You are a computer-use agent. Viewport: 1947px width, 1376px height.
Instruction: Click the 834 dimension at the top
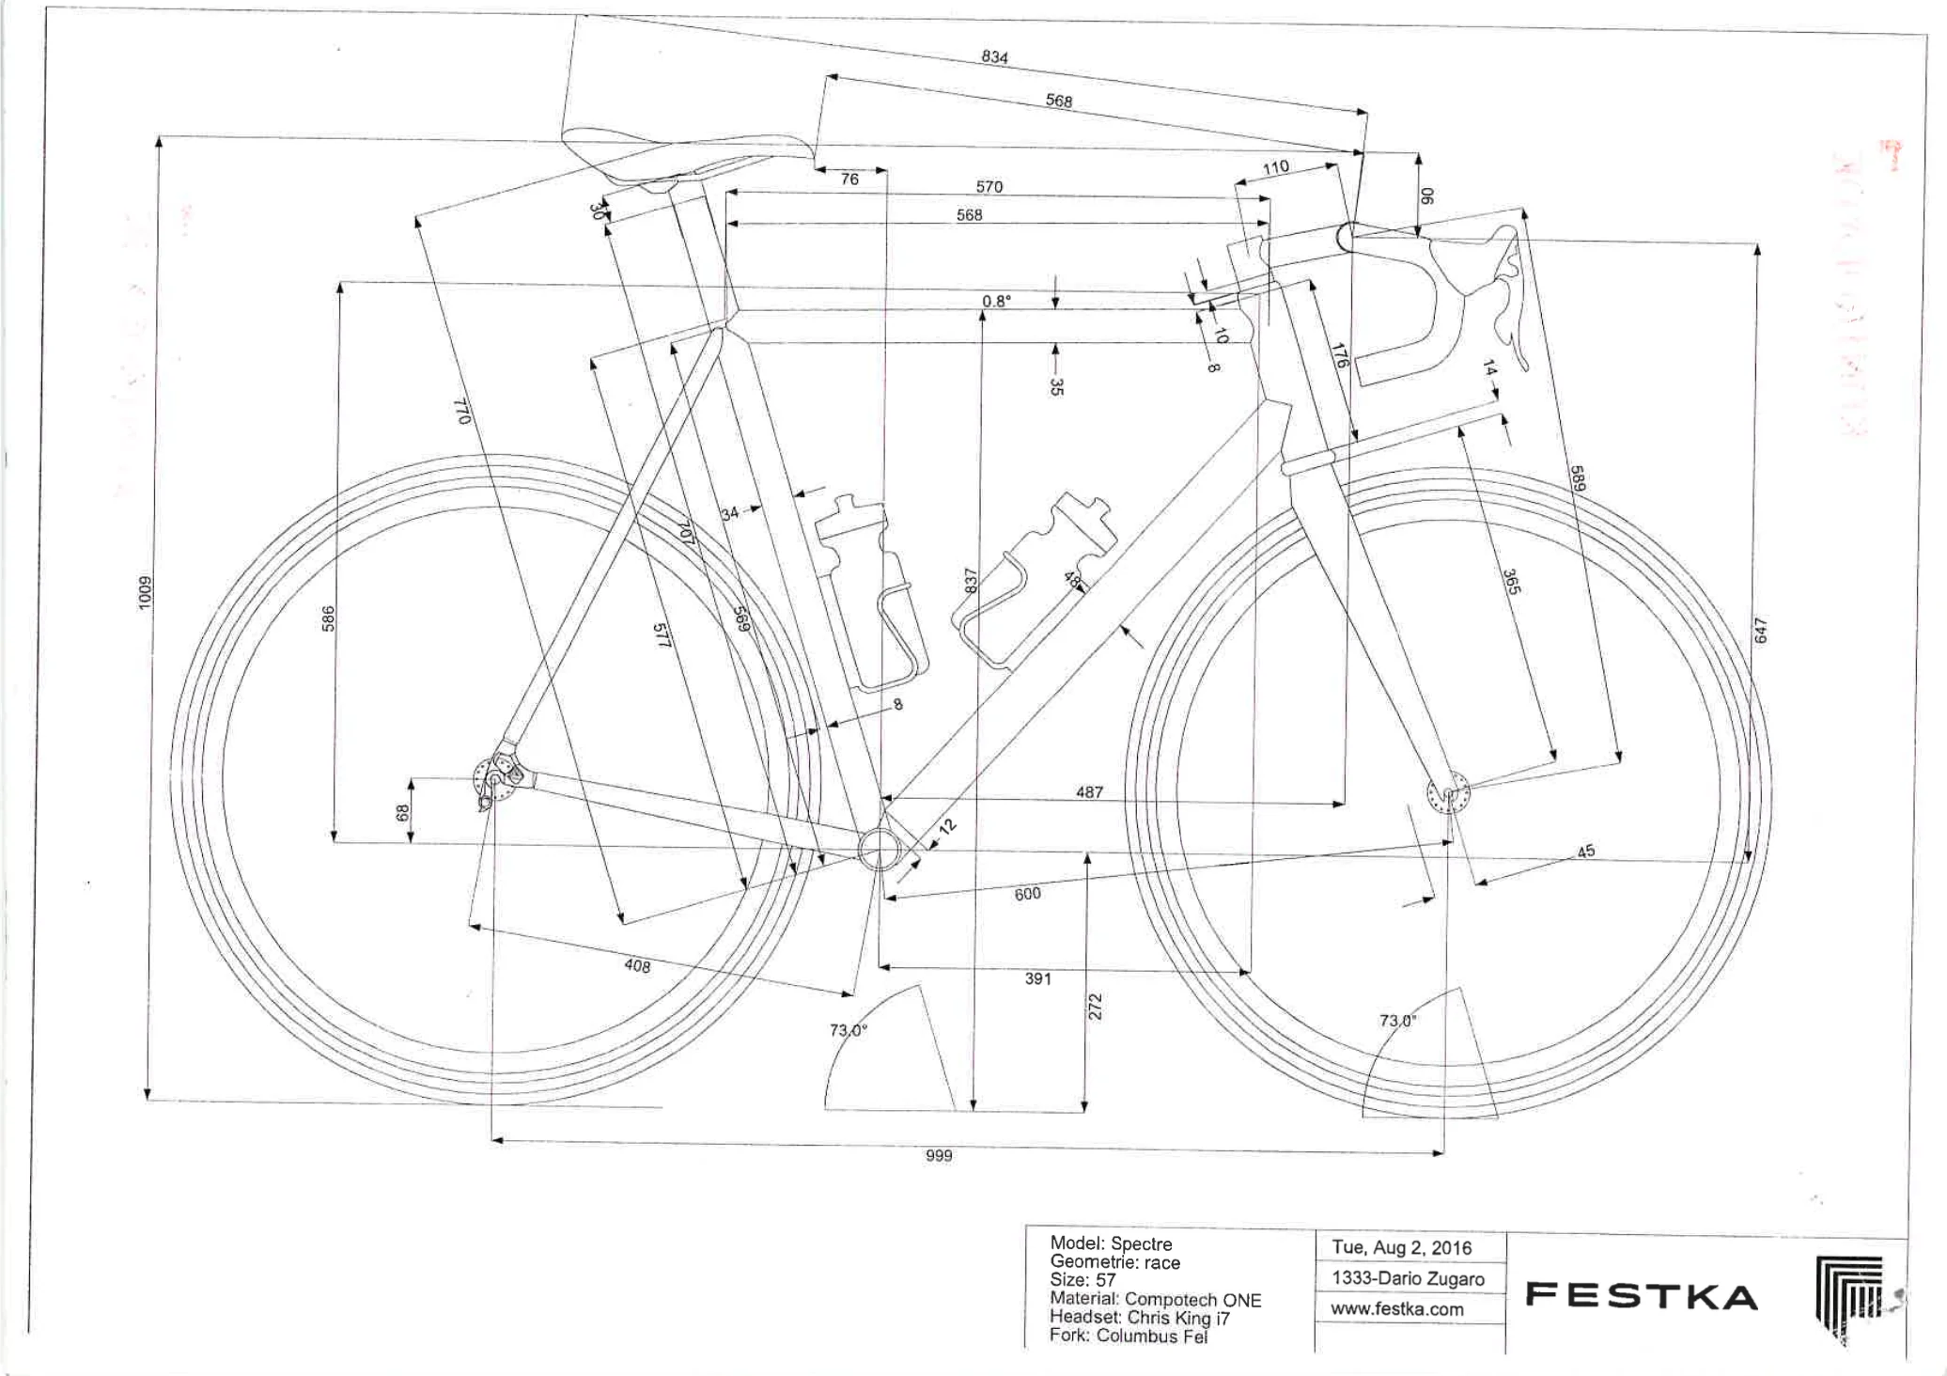click(994, 56)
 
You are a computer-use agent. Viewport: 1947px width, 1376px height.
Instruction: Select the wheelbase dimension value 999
click(939, 1155)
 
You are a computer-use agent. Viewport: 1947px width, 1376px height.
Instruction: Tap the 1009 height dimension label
click(144, 592)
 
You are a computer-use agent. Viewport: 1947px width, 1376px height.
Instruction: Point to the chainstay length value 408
click(637, 965)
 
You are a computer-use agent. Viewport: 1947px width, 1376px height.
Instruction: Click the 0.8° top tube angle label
click(996, 301)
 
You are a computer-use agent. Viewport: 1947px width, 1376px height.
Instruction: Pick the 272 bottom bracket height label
click(1095, 1007)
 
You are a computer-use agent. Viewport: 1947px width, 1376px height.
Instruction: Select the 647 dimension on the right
click(1761, 630)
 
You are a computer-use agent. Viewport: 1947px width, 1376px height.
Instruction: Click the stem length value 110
click(1275, 168)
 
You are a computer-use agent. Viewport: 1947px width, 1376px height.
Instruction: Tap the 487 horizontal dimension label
click(1089, 792)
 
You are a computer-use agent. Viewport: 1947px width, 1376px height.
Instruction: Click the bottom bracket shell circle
click(879, 850)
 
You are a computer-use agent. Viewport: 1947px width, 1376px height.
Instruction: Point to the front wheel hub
click(1448, 795)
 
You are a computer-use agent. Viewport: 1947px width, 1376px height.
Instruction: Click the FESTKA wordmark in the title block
click(1641, 1296)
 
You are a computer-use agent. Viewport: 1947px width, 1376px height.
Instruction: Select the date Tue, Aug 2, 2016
click(1401, 1248)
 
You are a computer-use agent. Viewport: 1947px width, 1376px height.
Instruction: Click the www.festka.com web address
click(1396, 1309)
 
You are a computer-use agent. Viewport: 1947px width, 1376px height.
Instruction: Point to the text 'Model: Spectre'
click(1111, 1243)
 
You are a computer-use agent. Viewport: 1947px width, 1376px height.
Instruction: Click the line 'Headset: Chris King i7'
click(1139, 1318)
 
